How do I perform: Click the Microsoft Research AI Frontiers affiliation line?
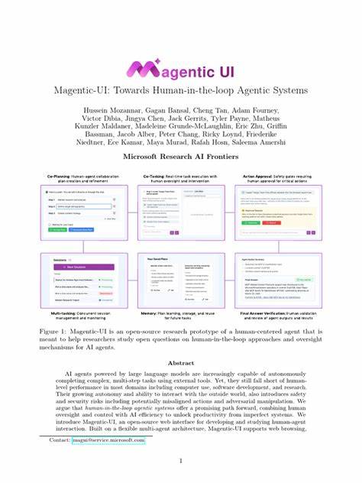point(180,157)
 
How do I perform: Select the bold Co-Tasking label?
point(156,177)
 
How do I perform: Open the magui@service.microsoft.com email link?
point(108,441)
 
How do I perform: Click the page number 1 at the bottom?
point(180,461)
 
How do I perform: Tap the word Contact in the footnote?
point(59,441)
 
